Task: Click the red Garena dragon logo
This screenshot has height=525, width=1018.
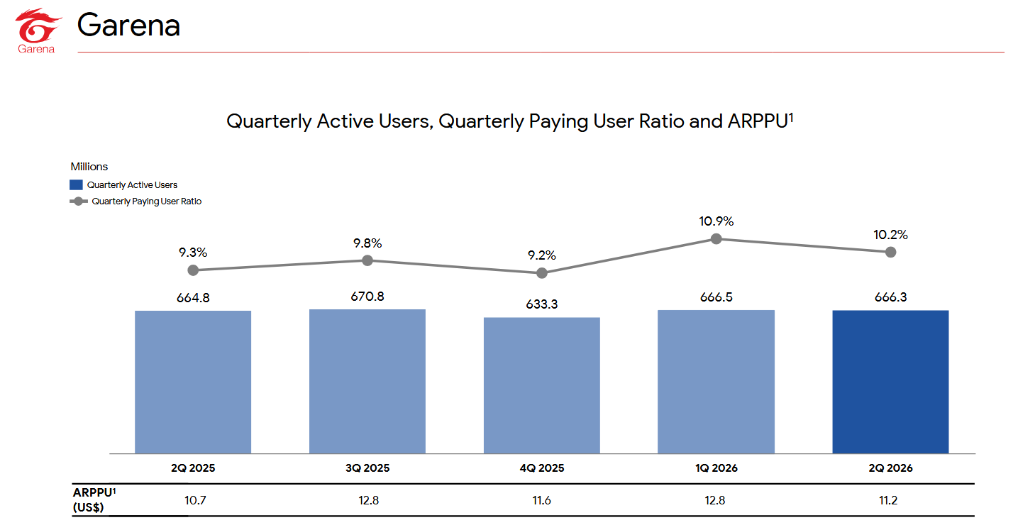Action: [x=38, y=26]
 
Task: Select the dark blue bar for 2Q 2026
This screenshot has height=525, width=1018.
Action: [x=890, y=382]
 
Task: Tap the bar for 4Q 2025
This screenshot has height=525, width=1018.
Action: [x=542, y=385]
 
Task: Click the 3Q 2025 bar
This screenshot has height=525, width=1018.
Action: [x=367, y=382]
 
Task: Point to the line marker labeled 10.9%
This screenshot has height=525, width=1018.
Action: [x=717, y=238]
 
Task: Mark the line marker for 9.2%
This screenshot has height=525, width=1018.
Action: [x=542, y=273]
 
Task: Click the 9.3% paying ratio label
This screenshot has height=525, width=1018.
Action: [x=193, y=253]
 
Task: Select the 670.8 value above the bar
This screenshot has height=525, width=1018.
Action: [x=367, y=297]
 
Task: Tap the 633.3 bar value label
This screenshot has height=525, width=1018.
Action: [x=542, y=304]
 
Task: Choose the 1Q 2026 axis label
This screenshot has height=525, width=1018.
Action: [x=717, y=468]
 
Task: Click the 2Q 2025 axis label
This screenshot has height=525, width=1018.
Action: [x=193, y=468]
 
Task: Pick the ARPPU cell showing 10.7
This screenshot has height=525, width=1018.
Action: [x=195, y=500]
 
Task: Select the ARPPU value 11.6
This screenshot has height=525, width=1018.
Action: [x=542, y=500]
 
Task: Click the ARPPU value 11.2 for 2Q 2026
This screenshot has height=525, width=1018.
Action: [x=888, y=500]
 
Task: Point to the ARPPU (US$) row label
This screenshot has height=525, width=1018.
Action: [x=94, y=499]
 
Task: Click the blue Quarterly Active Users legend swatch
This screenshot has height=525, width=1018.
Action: [x=76, y=185]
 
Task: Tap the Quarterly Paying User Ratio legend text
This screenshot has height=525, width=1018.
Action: [x=146, y=201]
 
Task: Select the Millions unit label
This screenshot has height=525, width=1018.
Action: [x=89, y=167]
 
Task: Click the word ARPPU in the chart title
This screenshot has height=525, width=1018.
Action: [x=758, y=121]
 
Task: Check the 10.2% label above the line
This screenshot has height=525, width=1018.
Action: [x=890, y=235]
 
